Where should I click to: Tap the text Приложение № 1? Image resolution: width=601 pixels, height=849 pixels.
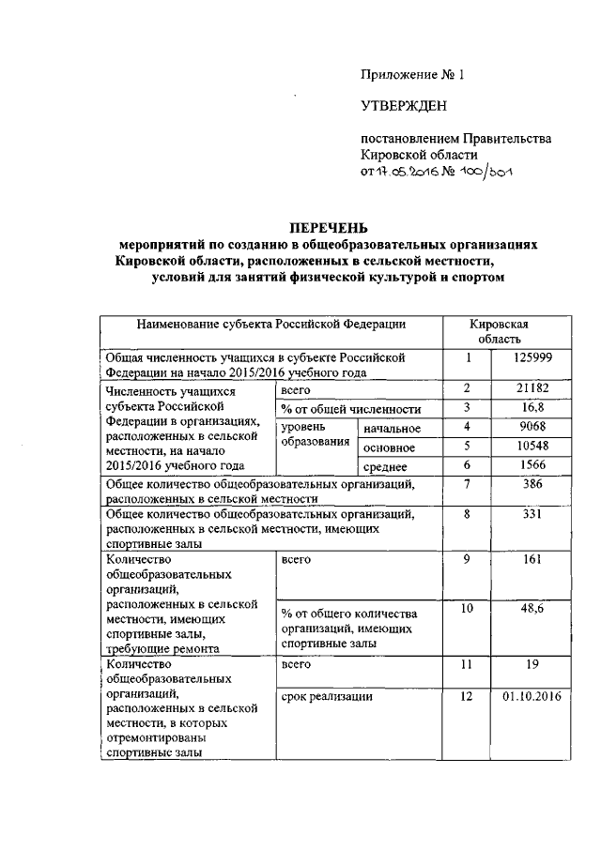[412, 74]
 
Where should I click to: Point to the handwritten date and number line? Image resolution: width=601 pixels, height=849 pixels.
[433, 173]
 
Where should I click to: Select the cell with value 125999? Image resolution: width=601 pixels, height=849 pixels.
[532, 357]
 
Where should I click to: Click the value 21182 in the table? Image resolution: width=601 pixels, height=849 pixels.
[532, 388]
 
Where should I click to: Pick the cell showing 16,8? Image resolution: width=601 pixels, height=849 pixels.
[532, 408]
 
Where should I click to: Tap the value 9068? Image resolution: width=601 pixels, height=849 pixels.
[532, 428]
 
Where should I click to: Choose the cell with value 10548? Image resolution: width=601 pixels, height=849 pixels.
[532, 447]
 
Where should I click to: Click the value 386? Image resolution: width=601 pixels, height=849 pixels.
[532, 485]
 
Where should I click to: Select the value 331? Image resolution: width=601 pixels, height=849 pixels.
[532, 515]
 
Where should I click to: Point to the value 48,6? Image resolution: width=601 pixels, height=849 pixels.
[532, 610]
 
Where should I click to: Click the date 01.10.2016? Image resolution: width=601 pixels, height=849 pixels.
[532, 697]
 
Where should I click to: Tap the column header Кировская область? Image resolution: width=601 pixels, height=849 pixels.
[504, 331]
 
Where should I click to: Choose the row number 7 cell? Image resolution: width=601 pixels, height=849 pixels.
[467, 485]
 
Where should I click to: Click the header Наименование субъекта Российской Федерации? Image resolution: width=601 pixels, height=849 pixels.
[271, 325]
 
